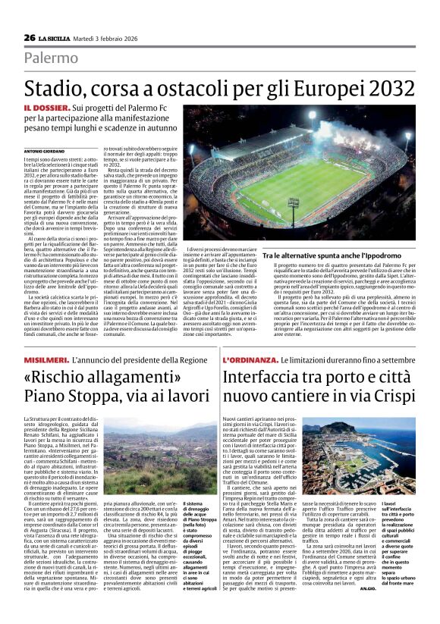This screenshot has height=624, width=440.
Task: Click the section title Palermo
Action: click(51, 58)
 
